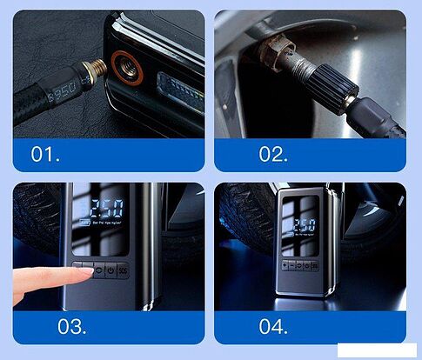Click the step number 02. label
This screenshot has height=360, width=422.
point(274,154)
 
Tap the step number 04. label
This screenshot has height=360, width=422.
point(274,327)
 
